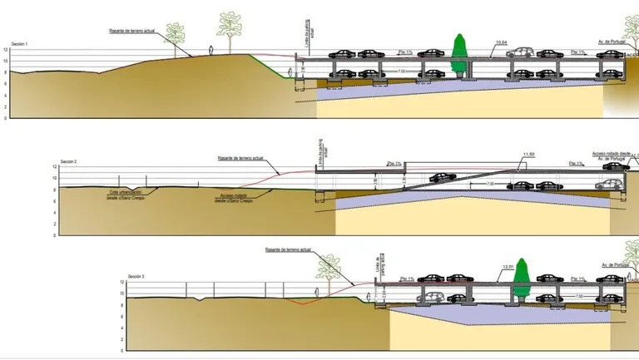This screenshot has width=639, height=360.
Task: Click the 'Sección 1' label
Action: (x=20, y=43)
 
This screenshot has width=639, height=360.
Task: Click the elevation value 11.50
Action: (x=530, y=155)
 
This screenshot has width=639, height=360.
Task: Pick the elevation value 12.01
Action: (x=509, y=267)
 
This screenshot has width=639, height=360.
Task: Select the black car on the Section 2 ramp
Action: (x=439, y=177)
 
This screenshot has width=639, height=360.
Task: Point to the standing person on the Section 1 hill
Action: (x=212, y=50)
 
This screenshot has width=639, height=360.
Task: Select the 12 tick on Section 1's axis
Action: (x=5, y=50)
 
